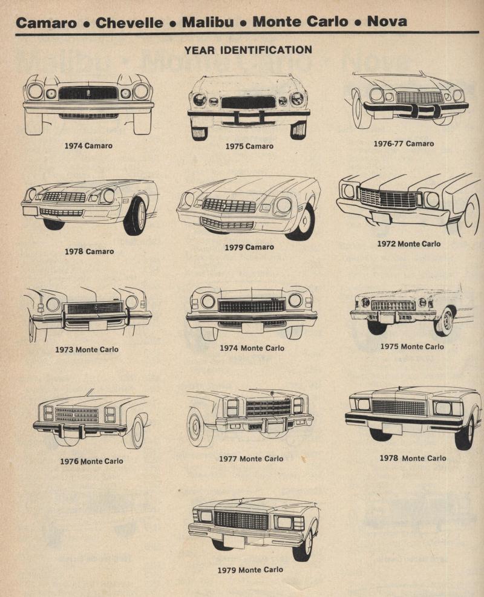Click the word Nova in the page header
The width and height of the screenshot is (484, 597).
387,21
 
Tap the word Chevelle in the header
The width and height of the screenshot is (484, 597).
129,22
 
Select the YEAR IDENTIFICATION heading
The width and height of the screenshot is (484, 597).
248,50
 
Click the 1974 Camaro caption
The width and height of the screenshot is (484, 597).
88,145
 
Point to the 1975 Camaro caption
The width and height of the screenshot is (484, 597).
249,146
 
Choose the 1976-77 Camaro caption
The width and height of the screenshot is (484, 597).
404,143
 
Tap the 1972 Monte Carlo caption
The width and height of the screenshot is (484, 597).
408,244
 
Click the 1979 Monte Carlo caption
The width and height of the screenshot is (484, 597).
250,570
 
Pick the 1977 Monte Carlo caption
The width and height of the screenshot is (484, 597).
251,459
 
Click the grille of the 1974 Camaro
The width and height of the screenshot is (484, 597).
88,93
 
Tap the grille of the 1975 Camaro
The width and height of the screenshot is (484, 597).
248,102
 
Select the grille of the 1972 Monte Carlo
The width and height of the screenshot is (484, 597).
388,198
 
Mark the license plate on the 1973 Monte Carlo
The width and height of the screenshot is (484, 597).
97,325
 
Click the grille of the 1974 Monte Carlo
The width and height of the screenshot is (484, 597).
252,305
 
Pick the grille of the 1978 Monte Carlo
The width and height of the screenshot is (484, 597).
399,408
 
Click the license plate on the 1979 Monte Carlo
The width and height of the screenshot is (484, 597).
234,541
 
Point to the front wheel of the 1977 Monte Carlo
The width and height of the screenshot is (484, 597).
200,428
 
